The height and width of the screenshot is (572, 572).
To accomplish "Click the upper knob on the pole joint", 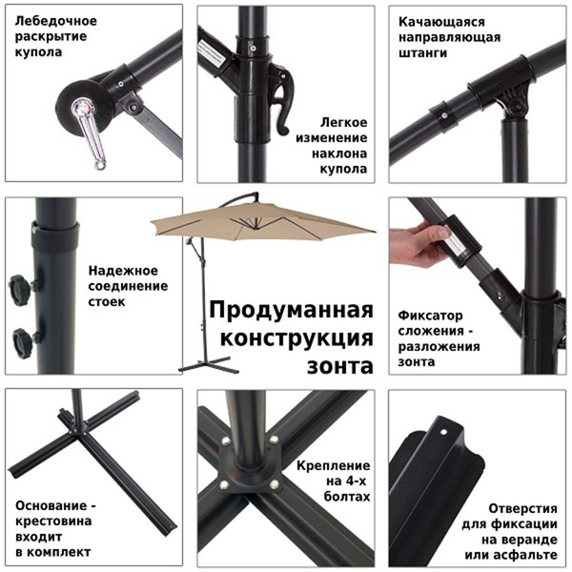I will tap(18, 286).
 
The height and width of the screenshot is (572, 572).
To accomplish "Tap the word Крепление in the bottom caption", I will tap(334, 463).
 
